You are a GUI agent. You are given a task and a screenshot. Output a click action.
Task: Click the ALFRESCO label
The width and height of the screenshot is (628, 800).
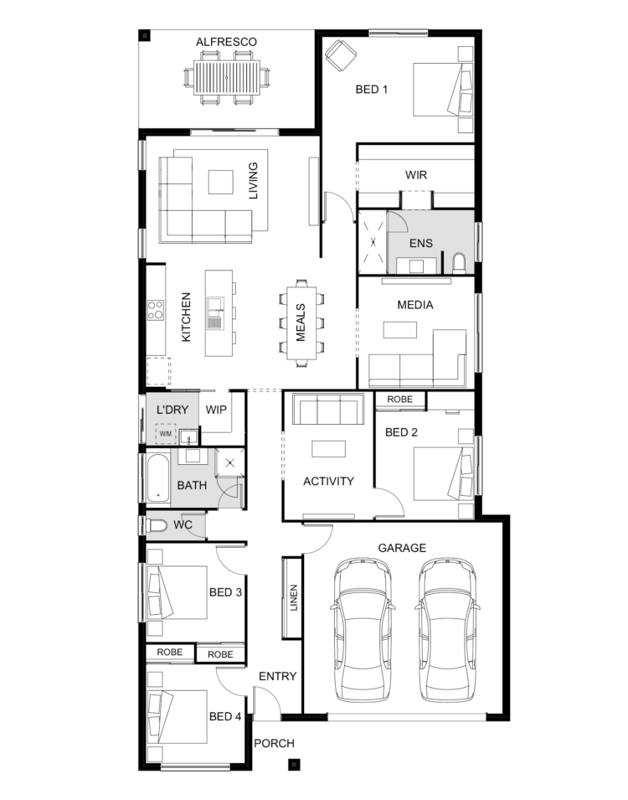point(226,42)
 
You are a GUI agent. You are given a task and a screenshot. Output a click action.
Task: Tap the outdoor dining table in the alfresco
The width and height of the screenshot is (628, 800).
point(227,78)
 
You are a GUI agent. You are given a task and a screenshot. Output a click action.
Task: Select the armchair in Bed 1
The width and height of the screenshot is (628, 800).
point(341,54)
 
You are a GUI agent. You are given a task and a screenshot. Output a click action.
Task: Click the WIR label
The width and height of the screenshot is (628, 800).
point(416,175)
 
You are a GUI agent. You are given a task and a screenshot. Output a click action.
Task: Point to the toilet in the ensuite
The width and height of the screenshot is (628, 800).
point(459,263)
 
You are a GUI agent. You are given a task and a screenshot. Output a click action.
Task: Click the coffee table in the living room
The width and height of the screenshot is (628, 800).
point(220,182)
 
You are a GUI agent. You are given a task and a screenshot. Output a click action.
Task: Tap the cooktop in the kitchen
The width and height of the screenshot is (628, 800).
point(156,310)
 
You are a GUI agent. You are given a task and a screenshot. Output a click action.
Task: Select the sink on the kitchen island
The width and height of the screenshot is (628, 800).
point(214,313)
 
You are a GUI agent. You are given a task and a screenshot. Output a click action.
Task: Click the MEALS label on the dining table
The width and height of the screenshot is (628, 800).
point(301,323)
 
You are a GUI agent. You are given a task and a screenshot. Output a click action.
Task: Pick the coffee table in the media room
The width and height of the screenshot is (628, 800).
point(400,329)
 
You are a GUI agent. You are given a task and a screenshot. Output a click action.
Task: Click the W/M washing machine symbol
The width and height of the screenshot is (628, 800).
point(165,434)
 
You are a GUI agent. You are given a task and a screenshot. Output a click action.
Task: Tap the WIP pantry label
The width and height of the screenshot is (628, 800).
point(216,410)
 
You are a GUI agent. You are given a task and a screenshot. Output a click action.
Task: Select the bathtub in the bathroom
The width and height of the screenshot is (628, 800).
point(158,478)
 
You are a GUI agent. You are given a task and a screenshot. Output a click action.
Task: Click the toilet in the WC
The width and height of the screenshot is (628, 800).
point(157,525)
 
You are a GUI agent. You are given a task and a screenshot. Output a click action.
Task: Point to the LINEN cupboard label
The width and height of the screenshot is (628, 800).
point(293,597)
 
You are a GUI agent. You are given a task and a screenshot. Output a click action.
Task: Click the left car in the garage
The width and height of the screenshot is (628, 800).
point(363,631)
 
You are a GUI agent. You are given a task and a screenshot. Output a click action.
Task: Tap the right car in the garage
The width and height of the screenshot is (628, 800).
point(447,631)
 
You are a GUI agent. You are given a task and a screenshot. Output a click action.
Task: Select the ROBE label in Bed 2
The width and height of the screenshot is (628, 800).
point(399,400)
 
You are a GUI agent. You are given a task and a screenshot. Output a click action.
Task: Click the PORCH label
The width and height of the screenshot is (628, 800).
point(275,743)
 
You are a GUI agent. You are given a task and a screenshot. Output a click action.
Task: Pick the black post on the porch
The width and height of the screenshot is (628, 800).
point(293,764)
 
